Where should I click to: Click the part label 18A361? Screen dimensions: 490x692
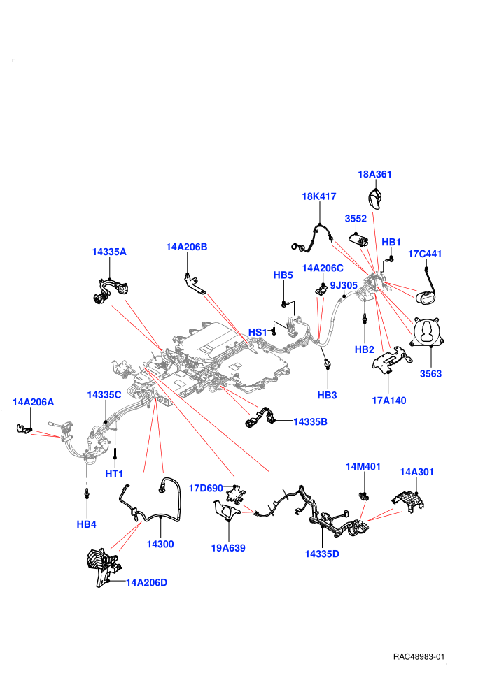pyautogui.click(x=374, y=174)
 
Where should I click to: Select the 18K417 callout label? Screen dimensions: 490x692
pyautogui.click(x=319, y=196)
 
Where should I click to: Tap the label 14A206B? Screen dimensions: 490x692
pyautogui.click(x=186, y=247)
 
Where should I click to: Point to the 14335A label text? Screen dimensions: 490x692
pyautogui.click(x=109, y=252)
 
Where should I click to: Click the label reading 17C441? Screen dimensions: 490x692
pyautogui.click(x=425, y=254)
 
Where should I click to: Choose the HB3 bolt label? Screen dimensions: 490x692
pyautogui.click(x=327, y=395)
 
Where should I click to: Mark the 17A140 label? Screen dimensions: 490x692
pyautogui.click(x=388, y=401)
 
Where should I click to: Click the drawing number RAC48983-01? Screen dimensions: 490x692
pyautogui.click(x=419, y=656)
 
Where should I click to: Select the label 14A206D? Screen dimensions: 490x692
pyautogui.click(x=147, y=582)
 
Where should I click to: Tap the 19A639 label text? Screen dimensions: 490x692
pyautogui.click(x=228, y=548)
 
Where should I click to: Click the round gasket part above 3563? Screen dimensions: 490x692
pyautogui.click(x=427, y=332)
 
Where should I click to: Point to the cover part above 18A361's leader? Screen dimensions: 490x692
pyautogui.click(x=375, y=199)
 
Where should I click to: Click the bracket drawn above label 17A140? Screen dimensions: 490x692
pyautogui.click(x=391, y=360)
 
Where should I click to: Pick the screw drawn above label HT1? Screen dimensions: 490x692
pyautogui.click(x=115, y=454)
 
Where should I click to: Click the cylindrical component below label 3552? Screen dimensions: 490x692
pyautogui.click(x=359, y=240)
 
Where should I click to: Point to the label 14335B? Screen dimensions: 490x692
pyautogui.click(x=310, y=422)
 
